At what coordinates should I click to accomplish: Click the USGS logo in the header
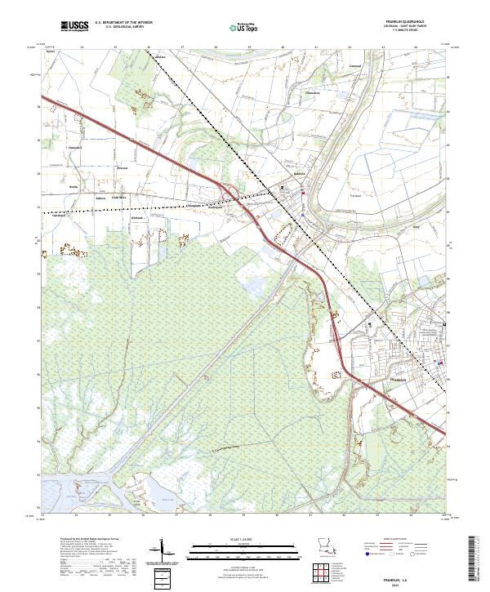[75, 27]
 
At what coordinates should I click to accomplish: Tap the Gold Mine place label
[119, 197]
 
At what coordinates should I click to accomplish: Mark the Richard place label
[137, 218]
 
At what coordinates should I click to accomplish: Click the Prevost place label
[100, 169]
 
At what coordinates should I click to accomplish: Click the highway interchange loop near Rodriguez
[232, 194]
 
